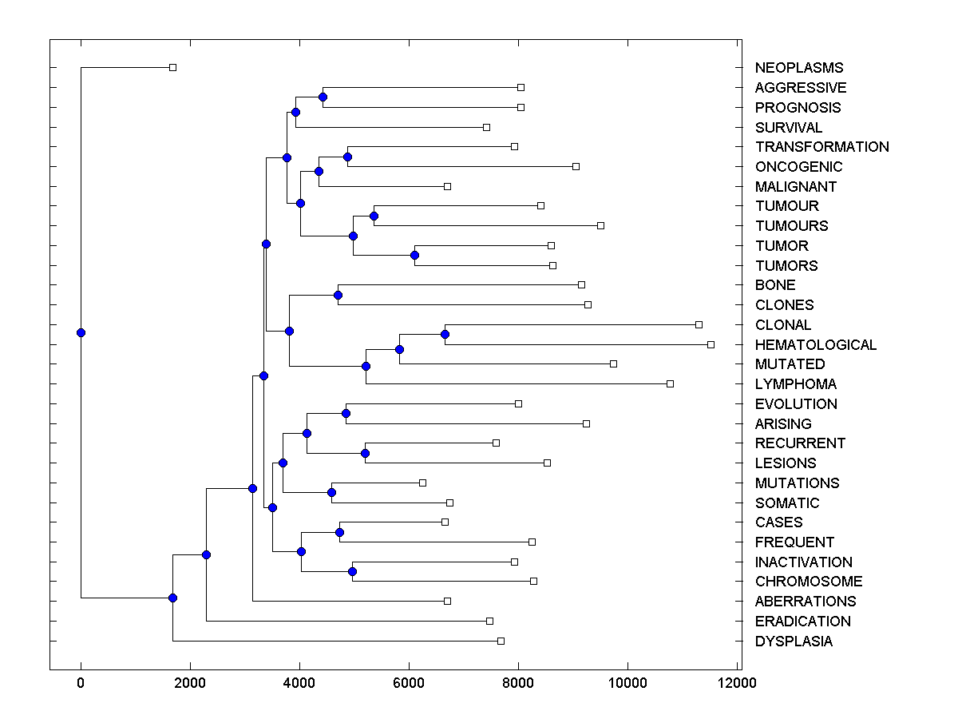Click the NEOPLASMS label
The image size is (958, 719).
coord(798,68)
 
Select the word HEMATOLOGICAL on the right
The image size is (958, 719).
coord(815,345)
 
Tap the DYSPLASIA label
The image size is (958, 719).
coord(794,642)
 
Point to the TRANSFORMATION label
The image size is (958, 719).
coord(821,147)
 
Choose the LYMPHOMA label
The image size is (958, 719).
coord(796,384)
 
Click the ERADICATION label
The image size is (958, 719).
coord(802,622)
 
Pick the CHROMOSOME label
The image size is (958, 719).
coord(808,582)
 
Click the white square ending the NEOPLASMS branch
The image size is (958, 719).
coord(172,68)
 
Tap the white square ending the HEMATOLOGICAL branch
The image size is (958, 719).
coord(711,344)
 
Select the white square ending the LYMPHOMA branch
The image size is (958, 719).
coord(670,384)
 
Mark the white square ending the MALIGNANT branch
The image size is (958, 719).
coord(447,186)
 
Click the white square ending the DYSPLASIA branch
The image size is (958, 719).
coord(501,641)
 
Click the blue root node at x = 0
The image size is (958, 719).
coord(81,332)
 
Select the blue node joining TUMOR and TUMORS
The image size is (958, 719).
coord(414,256)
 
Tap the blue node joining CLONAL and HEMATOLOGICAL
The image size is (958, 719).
coord(445,334)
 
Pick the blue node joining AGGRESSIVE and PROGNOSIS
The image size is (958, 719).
coord(323,97)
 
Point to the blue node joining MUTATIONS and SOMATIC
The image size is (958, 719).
coord(331,492)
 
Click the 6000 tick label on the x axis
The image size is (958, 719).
coord(409,683)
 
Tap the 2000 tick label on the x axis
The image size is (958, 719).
coord(190,683)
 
